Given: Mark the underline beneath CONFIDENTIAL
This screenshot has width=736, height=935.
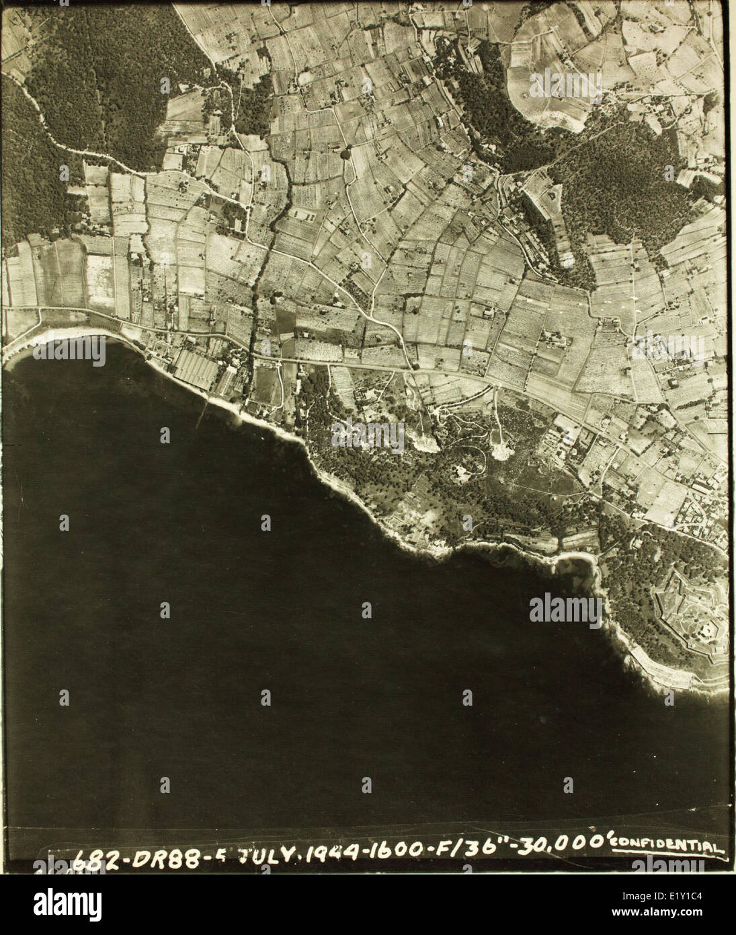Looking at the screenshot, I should (x=669, y=855).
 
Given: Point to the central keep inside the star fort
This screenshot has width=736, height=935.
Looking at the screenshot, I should (x=706, y=629).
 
